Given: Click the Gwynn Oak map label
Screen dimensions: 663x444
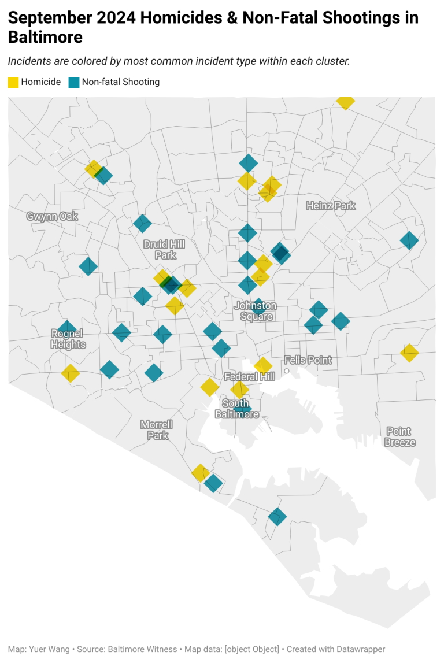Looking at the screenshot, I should (x=52, y=216).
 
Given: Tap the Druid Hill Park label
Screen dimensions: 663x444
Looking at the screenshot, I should (x=165, y=250).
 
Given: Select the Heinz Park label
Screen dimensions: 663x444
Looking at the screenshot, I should (x=331, y=206).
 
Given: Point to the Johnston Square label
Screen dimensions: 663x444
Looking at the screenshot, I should (x=256, y=310).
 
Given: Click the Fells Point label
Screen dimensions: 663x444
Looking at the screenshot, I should (x=308, y=360).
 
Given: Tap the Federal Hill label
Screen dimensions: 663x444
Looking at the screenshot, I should (x=249, y=377).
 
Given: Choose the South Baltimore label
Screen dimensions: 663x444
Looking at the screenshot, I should (x=236, y=409).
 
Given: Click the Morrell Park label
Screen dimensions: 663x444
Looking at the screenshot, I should (x=157, y=430).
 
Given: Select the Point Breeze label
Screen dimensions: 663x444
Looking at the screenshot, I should (x=399, y=436).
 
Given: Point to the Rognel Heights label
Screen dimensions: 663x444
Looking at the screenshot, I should (x=68, y=339).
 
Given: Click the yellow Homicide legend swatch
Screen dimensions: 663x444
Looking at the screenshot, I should (x=13, y=82).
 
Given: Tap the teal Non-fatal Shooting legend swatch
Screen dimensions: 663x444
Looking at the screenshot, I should (x=73, y=82).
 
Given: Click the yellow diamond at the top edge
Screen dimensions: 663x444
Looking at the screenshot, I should (x=345, y=101).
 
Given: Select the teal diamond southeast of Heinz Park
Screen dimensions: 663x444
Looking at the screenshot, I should (x=409, y=240).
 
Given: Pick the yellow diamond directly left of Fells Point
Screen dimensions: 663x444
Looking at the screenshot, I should (x=263, y=365).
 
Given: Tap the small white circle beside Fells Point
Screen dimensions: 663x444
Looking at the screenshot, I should (x=286, y=371).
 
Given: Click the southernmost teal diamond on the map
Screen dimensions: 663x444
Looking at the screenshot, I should (x=277, y=516).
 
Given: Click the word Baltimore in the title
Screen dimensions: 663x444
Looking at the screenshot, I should (x=45, y=38).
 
